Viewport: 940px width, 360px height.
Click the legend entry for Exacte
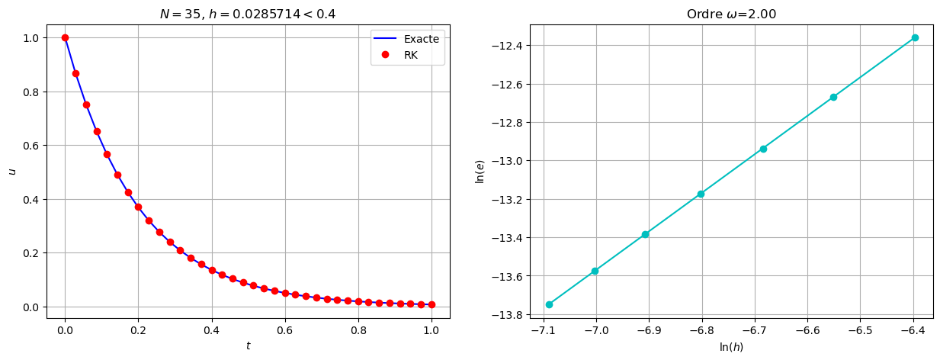(x=420, y=39)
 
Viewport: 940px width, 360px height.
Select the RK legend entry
(x=411, y=54)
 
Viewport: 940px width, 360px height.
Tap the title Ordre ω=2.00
(x=730, y=14)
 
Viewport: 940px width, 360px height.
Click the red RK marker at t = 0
(x=65, y=37)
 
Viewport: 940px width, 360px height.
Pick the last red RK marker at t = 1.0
(x=432, y=304)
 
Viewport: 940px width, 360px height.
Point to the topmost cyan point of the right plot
(x=915, y=37)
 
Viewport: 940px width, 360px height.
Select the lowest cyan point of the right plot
(x=549, y=304)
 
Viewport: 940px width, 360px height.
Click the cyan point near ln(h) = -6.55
(x=833, y=97)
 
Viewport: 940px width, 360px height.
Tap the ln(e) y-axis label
(x=480, y=171)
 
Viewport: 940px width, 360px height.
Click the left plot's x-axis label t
(x=247, y=347)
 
